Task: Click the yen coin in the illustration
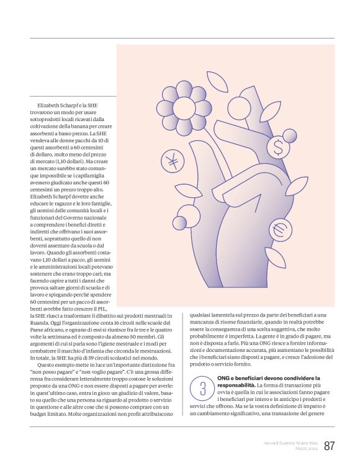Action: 172,162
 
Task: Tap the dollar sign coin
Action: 279,148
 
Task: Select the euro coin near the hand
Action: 279,230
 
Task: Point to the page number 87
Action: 330,446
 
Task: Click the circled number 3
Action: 202,389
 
